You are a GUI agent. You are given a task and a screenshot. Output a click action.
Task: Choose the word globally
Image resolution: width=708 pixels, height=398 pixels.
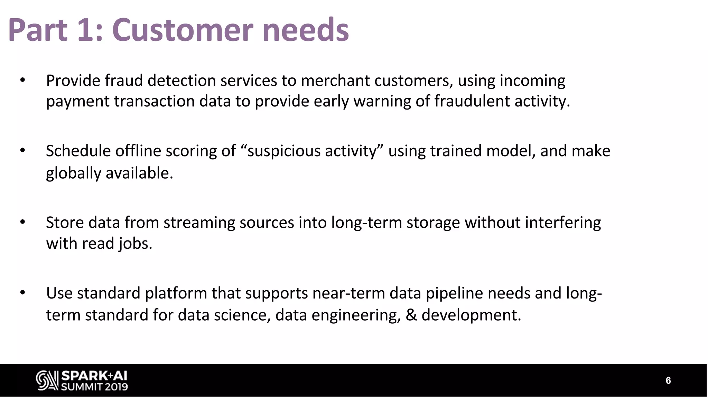(x=73, y=173)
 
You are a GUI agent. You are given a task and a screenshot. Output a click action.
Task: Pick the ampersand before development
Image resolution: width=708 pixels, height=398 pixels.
(x=411, y=315)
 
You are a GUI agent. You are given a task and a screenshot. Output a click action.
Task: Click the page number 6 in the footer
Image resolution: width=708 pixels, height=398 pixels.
(x=668, y=381)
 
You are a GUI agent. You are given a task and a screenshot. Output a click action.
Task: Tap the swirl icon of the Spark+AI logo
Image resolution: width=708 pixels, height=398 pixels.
(x=47, y=381)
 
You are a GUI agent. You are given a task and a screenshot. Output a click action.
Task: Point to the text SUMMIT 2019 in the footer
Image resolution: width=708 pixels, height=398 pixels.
(x=94, y=387)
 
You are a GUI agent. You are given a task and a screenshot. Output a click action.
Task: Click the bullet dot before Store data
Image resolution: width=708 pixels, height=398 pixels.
(x=23, y=222)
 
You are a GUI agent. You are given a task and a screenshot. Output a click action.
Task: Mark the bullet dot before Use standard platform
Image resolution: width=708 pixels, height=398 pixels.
(x=23, y=293)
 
